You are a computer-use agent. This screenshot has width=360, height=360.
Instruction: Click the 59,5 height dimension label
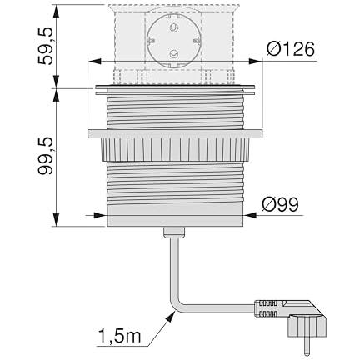click(45, 47)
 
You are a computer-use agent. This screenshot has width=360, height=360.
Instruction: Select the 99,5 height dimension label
click(45, 156)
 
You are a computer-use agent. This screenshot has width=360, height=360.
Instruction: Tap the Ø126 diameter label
click(291, 49)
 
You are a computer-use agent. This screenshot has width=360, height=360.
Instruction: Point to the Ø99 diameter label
click(280, 204)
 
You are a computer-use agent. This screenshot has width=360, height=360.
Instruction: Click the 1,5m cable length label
click(120, 336)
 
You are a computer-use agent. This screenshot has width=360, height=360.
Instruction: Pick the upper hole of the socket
click(174, 27)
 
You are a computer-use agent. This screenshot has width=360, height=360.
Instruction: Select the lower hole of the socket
click(174, 54)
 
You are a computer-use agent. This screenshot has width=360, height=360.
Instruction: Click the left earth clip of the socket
click(151, 41)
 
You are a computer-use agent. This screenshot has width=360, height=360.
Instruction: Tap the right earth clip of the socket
click(197, 41)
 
